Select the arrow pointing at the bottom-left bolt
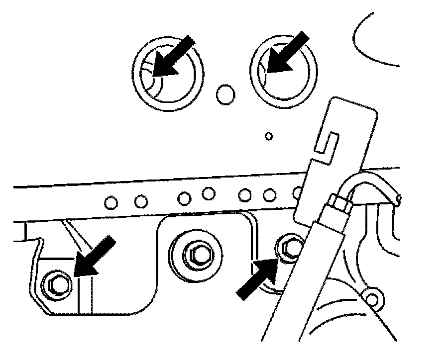(95, 257)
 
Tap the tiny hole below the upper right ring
(269, 135)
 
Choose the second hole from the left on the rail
(141, 201)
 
